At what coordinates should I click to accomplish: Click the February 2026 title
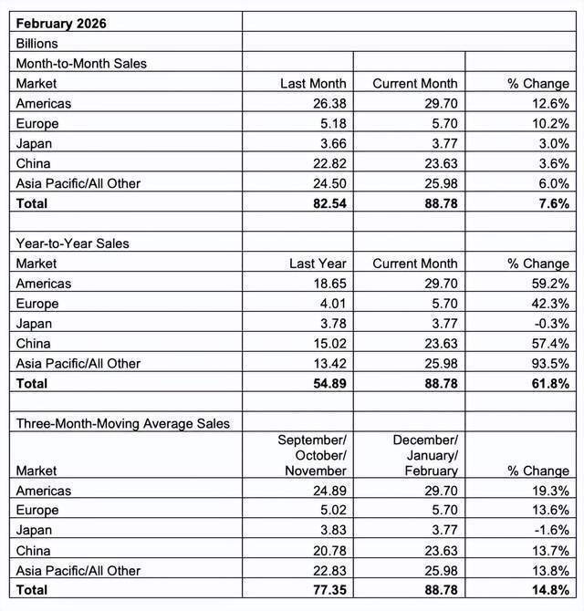click(61, 23)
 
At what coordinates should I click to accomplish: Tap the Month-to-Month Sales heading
click(81, 63)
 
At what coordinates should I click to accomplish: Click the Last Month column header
click(313, 83)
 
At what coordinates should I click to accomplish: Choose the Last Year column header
click(318, 264)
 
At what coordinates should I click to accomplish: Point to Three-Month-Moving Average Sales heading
click(122, 423)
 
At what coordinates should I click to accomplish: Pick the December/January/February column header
click(425, 455)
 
